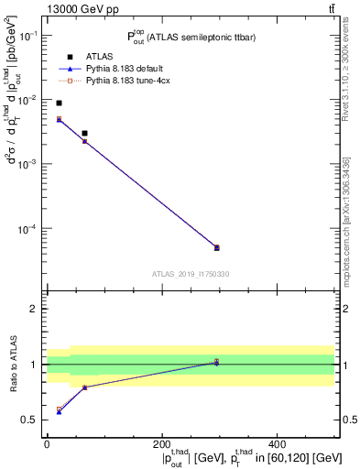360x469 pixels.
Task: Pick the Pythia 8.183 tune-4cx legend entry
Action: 134,82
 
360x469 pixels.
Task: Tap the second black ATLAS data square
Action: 84,134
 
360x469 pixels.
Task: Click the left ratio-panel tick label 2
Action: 34,309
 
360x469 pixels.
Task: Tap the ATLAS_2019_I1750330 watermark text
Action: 191,274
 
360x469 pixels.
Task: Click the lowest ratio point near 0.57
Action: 59,412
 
